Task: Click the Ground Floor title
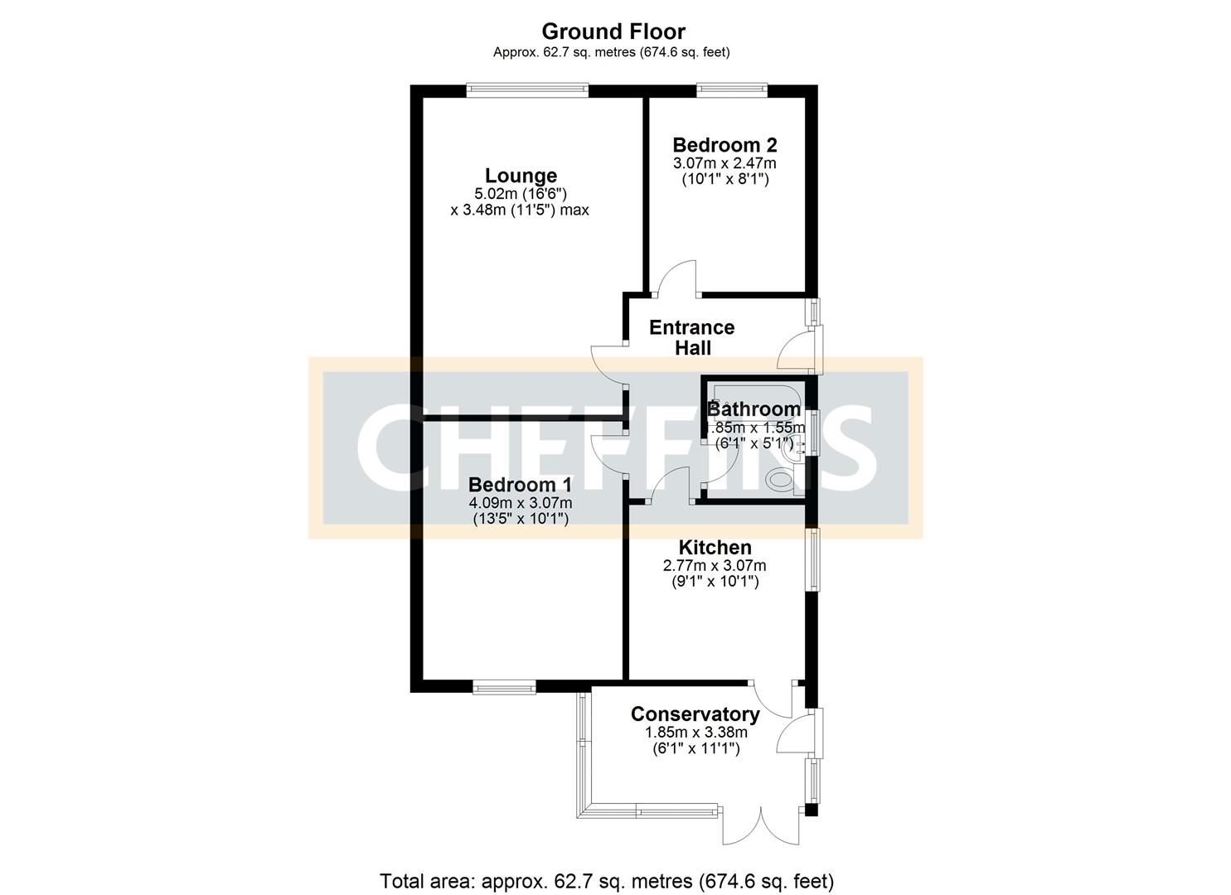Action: coord(613,31)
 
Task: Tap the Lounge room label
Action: coord(521,176)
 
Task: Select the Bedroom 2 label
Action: coord(725,144)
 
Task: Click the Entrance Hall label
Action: coord(691,337)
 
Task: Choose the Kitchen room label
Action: coord(715,548)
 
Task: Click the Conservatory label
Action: coord(695,714)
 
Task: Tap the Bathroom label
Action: coord(754,409)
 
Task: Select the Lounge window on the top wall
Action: coord(527,86)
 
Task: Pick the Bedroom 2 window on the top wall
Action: coord(731,86)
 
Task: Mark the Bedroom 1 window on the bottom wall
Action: coord(504,686)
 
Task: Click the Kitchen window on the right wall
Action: coord(814,559)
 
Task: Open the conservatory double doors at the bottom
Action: coord(759,824)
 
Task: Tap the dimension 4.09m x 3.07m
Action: coord(520,503)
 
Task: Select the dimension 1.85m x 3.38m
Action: coord(695,733)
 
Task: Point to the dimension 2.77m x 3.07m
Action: coord(714,566)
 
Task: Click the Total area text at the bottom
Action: coord(606,880)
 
